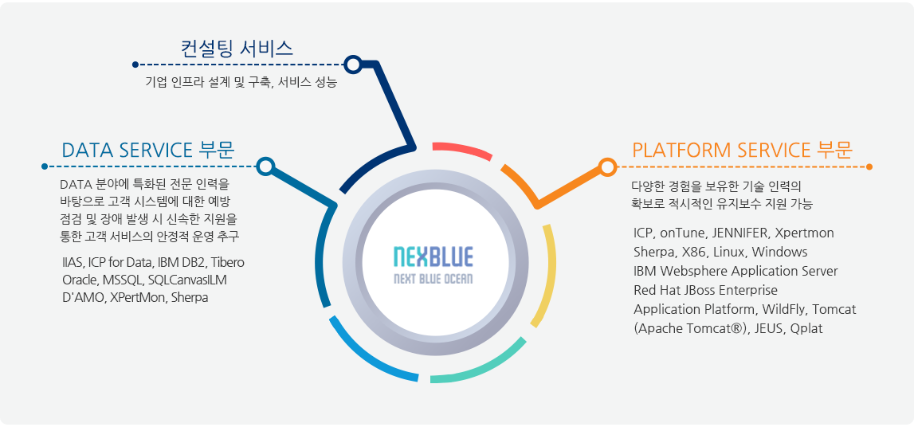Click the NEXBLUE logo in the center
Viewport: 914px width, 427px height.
(x=433, y=264)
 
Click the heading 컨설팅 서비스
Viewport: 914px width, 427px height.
(x=237, y=49)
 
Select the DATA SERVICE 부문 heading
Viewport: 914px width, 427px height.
(x=148, y=151)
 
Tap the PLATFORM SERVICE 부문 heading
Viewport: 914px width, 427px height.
(x=742, y=151)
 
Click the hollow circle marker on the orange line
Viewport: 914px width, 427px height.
(x=607, y=167)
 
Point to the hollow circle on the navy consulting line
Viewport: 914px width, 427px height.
(x=353, y=64)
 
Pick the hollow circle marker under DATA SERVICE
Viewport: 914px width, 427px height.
(x=265, y=166)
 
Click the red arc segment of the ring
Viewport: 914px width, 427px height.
(x=462, y=150)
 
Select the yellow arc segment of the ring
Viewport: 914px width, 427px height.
(x=544, y=276)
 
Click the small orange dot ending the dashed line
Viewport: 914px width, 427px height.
(x=869, y=167)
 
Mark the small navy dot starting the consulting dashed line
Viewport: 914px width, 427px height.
(x=135, y=64)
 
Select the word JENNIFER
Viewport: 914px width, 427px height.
(x=742, y=233)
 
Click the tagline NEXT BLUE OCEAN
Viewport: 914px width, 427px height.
(x=433, y=279)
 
